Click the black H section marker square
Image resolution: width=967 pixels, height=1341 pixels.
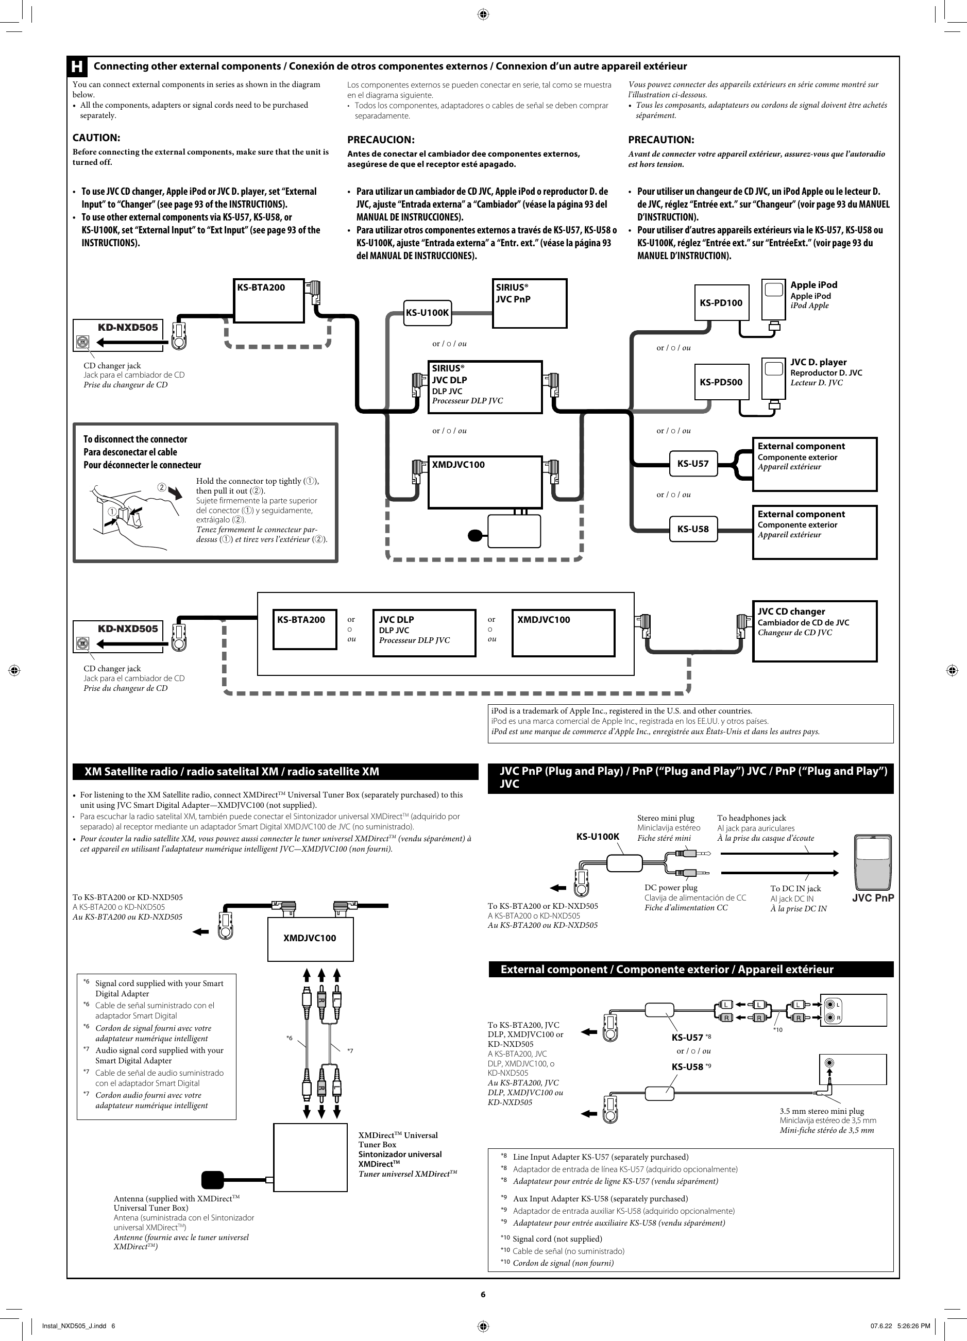coord(77,66)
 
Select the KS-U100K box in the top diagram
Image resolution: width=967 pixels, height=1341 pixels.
coord(427,313)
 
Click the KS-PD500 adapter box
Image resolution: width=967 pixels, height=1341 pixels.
coord(721,382)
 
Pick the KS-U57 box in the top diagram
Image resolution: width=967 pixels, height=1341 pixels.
coord(692,464)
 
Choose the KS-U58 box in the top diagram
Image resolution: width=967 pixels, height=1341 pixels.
coord(692,529)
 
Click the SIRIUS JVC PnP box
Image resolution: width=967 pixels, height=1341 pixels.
coord(529,303)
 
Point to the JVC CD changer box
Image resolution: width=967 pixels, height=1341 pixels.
coord(815,631)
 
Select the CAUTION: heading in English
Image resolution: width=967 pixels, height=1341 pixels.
coord(96,138)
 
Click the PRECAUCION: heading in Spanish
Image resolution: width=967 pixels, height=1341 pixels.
coord(380,140)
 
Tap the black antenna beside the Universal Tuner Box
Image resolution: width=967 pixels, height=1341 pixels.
coord(212,1180)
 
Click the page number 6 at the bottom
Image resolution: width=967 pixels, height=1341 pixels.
coord(483,1294)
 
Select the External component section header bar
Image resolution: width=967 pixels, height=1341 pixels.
coord(690,969)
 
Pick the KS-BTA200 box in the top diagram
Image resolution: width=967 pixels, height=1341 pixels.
coord(269,301)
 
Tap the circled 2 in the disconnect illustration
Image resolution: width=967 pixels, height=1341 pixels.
coord(161,487)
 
